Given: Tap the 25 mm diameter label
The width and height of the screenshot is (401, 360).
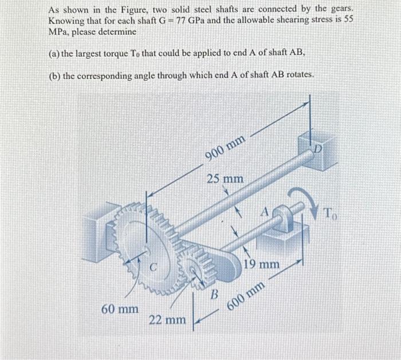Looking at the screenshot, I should click(225, 179).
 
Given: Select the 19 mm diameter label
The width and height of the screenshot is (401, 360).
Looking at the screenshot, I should click(261, 265).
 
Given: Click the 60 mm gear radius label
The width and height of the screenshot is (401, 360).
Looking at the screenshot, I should click(119, 309).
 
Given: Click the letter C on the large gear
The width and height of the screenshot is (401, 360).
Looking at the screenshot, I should click(154, 266).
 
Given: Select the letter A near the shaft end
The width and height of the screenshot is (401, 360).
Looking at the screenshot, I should click(265, 212).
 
